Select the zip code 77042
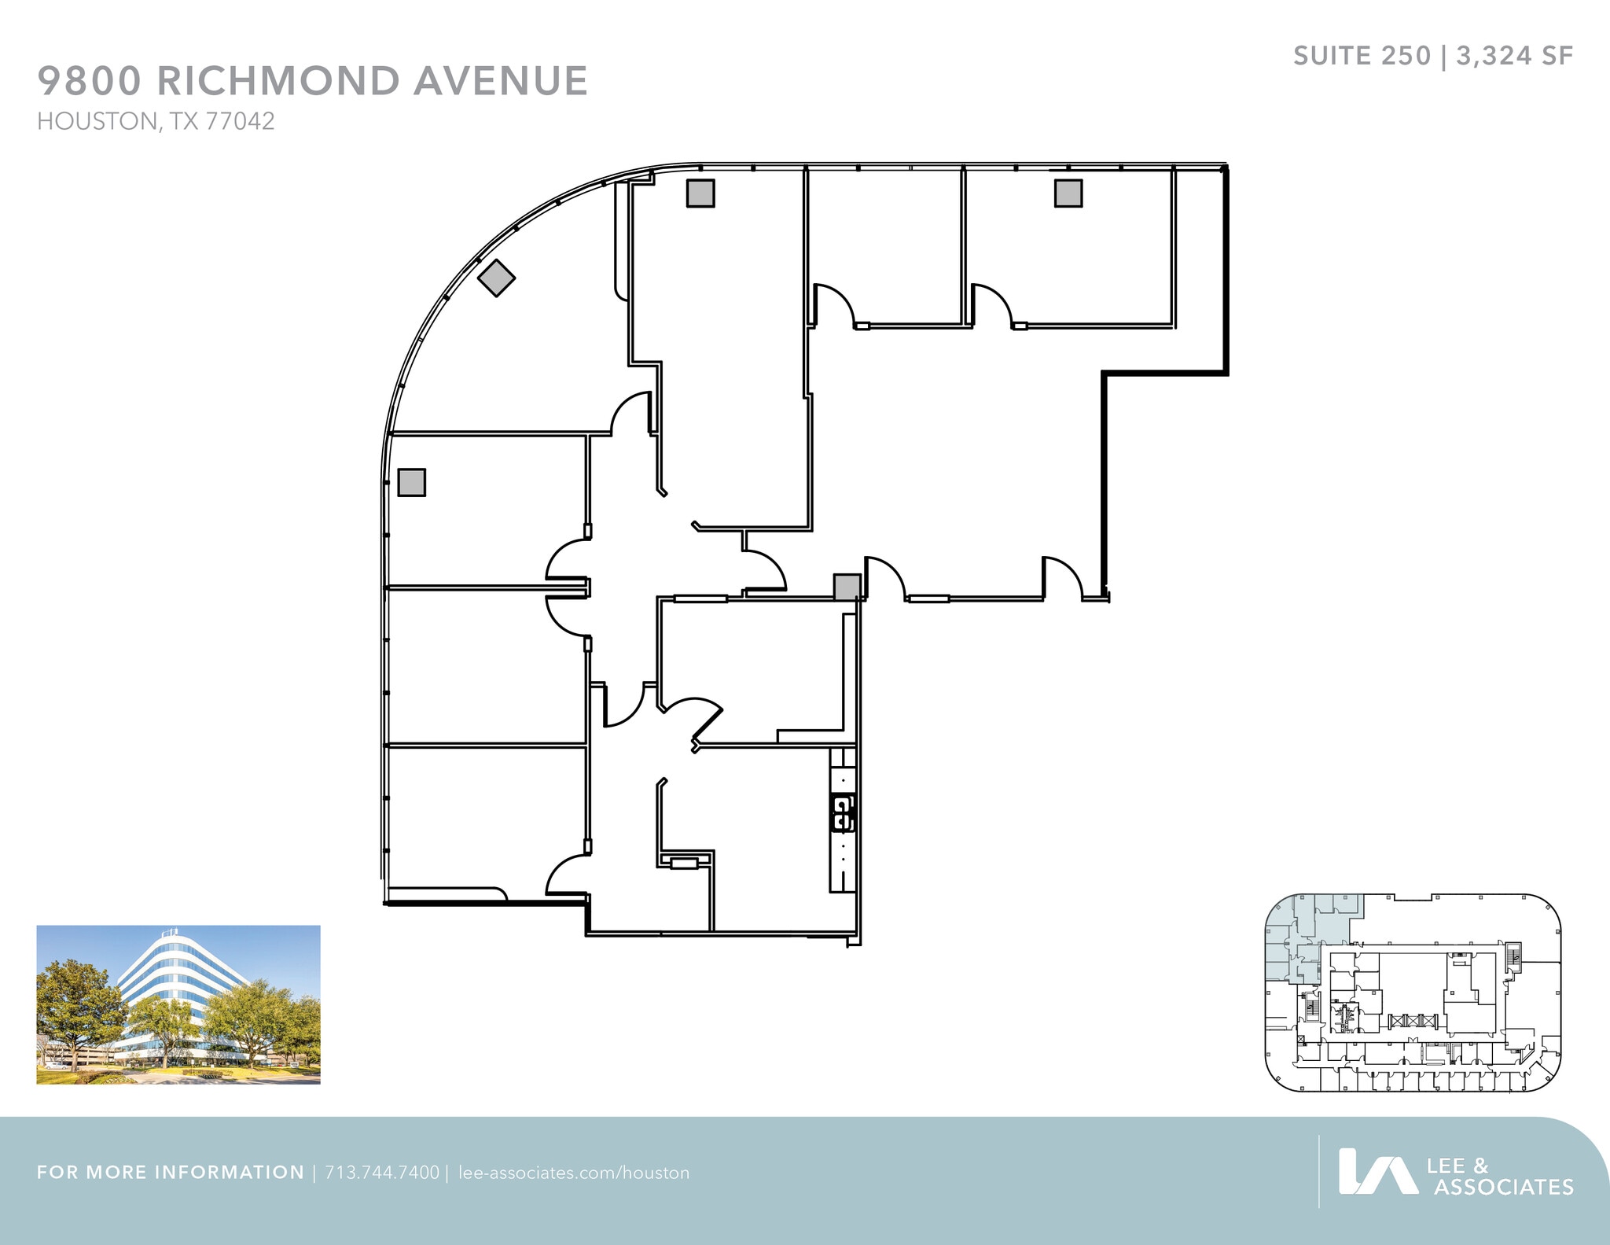pyautogui.click(x=240, y=121)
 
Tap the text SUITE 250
pyautogui.click(x=1362, y=56)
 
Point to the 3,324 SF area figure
pyautogui.click(x=1514, y=56)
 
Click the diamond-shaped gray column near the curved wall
pyautogui.click(x=497, y=278)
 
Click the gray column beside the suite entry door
pyautogui.click(x=847, y=587)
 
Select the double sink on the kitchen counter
pyautogui.click(x=842, y=813)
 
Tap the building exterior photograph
pyautogui.click(x=178, y=1004)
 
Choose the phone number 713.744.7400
pyautogui.click(x=382, y=1173)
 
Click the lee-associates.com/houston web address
pyautogui.click(x=573, y=1173)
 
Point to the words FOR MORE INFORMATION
pyautogui.click(x=170, y=1173)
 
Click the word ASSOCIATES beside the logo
pyautogui.click(x=1503, y=1187)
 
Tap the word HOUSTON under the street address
pyautogui.click(x=97, y=121)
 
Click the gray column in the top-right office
pyautogui.click(x=1068, y=193)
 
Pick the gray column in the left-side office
pyautogui.click(x=411, y=482)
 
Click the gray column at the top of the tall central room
pyautogui.click(x=700, y=193)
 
